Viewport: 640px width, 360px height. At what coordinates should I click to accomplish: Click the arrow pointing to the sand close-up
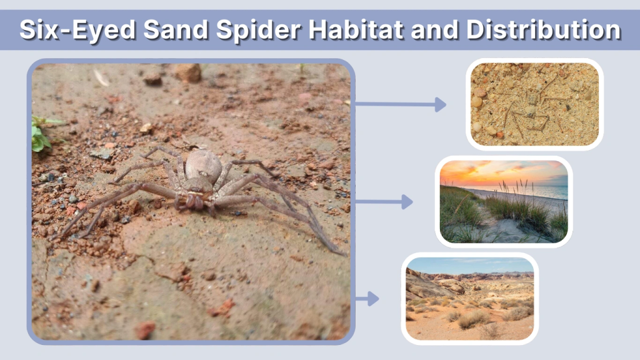pos(401,104)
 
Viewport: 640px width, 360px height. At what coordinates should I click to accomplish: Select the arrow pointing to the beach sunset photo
pos(384,202)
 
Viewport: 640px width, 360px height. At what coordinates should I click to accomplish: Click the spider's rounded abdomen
pos(203,166)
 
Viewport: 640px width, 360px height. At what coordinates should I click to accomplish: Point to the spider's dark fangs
pos(196,201)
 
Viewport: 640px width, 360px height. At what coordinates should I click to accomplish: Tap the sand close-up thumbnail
pos(534,104)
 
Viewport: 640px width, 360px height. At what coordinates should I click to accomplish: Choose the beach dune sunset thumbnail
pos(504,202)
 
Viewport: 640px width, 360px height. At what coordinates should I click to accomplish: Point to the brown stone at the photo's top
pos(188,72)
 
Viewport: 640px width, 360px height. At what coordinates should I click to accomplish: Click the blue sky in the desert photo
pos(469,264)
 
